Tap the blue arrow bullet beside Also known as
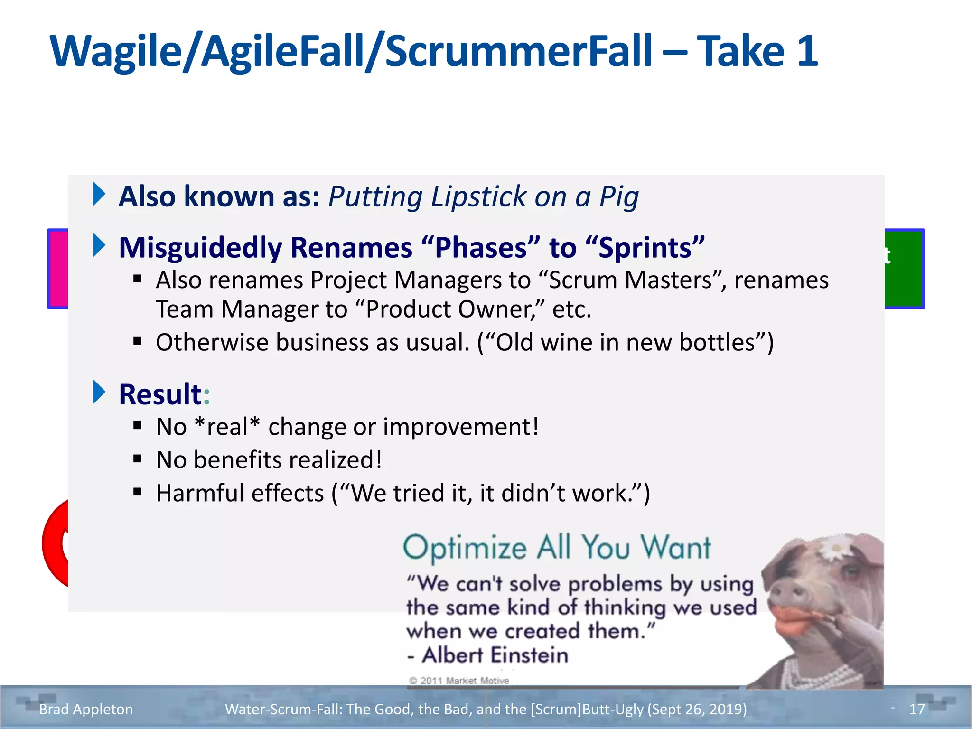click(x=99, y=194)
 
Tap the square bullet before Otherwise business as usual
click(x=138, y=341)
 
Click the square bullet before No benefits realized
click(x=138, y=458)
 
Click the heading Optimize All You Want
click(x=557, y=548)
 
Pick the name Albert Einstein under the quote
click(x=495, y=655)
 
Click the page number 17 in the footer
click(x=917, y=709)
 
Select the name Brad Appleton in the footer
click(x=86, y=709)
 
